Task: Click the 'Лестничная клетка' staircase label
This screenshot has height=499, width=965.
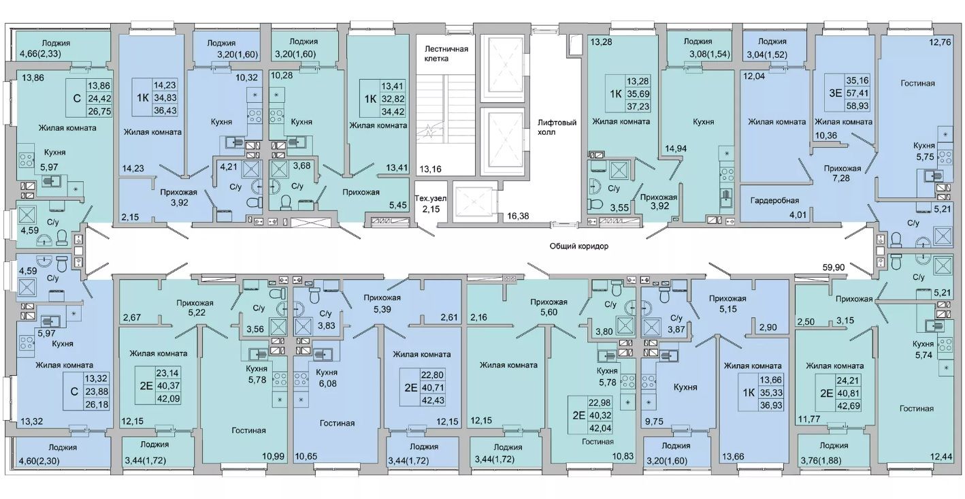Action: [446, 54]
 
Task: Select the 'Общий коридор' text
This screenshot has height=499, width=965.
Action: [579, 246]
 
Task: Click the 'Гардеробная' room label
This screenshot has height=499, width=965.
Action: [774, 200]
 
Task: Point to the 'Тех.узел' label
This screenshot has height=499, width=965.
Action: [430, 199]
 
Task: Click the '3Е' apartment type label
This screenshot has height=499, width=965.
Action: [835, 93]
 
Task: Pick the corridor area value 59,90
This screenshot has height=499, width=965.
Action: [833, 268]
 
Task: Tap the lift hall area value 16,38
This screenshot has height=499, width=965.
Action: [517, 216]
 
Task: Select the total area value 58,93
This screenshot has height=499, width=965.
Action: [857, 106]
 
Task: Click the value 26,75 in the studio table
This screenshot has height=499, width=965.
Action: [99, 111]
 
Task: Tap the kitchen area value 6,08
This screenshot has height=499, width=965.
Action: [327, 383]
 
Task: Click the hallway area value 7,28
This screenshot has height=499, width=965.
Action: [841, 178]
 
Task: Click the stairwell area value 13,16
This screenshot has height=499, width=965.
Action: [430, 170]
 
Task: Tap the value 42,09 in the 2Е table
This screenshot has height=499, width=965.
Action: [169, 399]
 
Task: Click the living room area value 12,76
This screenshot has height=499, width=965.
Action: [940, 42]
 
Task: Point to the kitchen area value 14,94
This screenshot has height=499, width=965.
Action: [676, 148]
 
